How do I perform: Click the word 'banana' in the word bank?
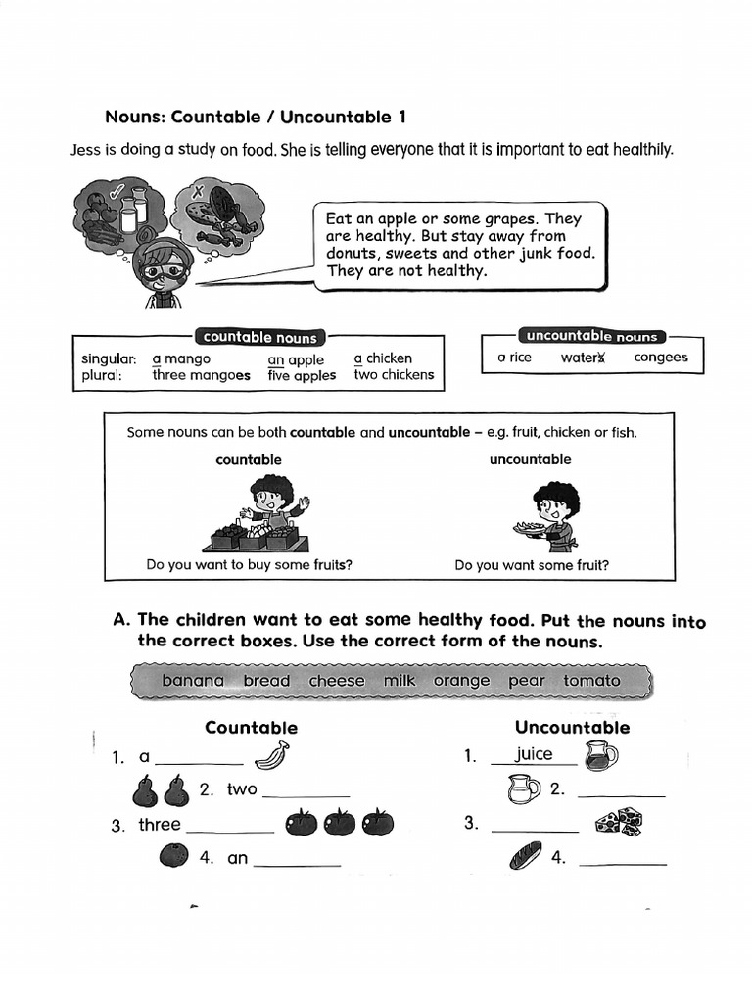coord(193,681)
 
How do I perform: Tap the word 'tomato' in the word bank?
coord(591,681)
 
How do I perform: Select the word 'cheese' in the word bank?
coord(337,681)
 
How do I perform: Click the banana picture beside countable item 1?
coord(272,755)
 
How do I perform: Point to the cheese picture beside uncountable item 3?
coord(618,821)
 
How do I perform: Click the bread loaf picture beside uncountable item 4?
coord(525,856)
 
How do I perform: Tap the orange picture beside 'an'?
coord(173,855)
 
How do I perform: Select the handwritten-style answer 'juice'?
coord(534,754)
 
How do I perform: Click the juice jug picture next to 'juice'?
coord(601,755)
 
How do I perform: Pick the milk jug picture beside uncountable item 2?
coord(524,788)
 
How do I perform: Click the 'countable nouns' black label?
coord(260,337)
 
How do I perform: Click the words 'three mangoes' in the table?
coord(201,375)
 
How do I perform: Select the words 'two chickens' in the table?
coord(394,375)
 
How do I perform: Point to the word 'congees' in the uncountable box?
coord(661,358)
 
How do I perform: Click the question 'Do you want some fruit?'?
coord(532,565)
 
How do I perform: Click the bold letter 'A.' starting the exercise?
coord(122,620)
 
